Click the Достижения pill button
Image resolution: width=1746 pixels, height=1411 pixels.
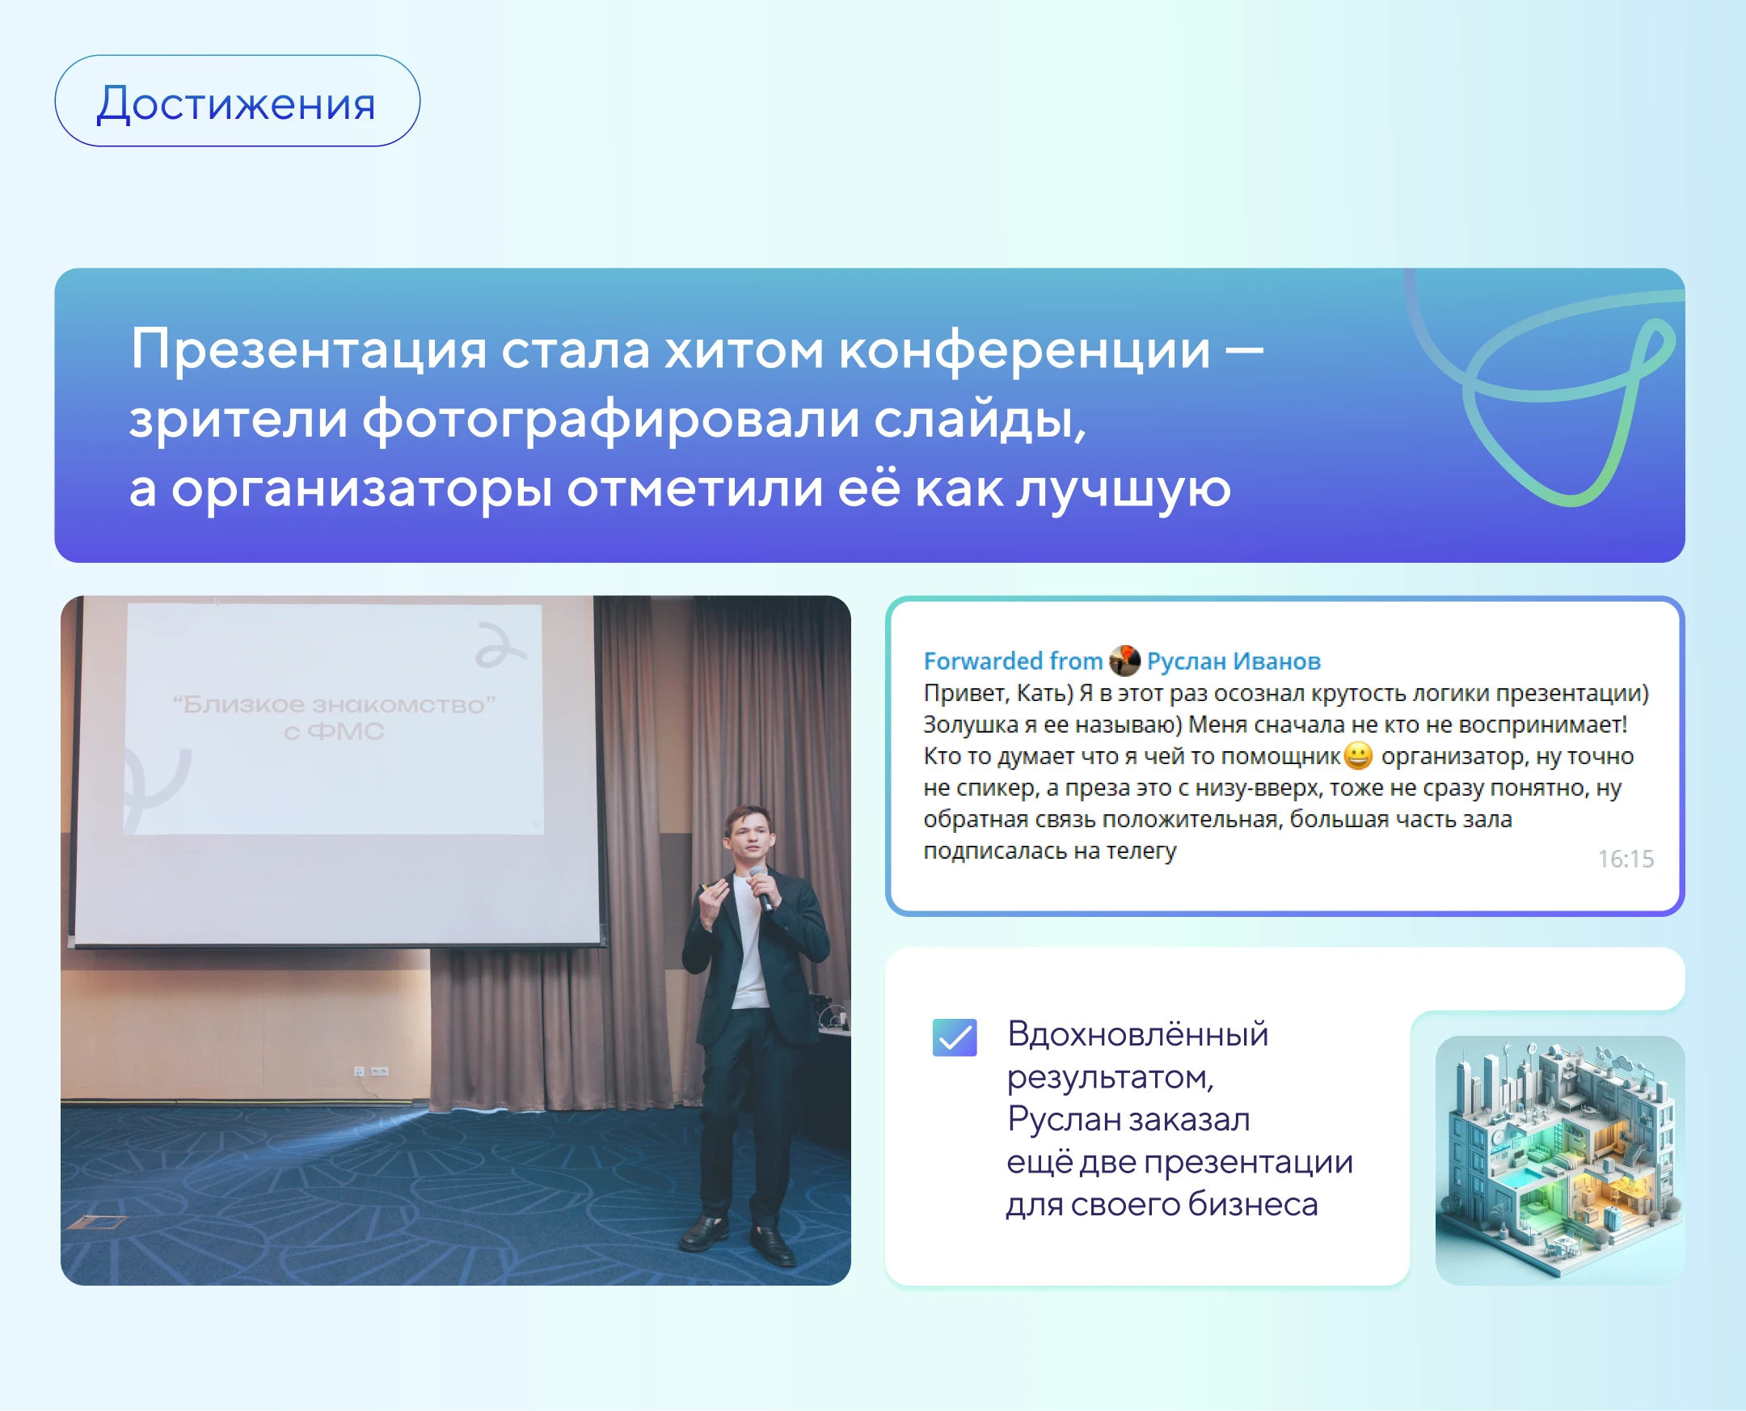pyautogui.click(x=237, y=101)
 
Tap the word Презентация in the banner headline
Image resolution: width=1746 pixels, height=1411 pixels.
pyautogui.click(x=309, y=350)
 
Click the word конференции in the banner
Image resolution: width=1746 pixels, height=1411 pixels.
pyautogui.click(x=1024, y=350)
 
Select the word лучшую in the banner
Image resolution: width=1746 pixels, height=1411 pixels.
pyautogui.click(x=1124, y=490)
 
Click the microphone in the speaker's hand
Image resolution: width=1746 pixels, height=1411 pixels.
pyautogui.click(x=761, y=888)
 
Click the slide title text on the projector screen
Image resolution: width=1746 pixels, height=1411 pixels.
pyautogui.click(x=334, y=717)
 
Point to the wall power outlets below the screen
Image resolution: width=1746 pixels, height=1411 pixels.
pyautogui.click(x=371, y=1071)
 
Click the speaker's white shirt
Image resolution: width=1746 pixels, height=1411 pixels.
pyautogui.click(x=749, y=943)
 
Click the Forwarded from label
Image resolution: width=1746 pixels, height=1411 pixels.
pyautogui.click(x=1012, y=661)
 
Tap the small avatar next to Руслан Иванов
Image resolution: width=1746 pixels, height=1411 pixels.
pyautogui.click(x=1124, y=661)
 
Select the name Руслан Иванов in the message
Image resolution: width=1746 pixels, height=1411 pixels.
pyautogui.click(x=1234, y=661)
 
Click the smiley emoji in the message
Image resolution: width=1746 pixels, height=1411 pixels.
pyautogui.click(x=1359, y=756)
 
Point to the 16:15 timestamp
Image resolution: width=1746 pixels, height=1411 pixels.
pyautogui.click(x=1626, y=859)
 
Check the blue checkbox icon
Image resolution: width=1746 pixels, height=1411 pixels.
pyautogui.click(x=955, y=1037)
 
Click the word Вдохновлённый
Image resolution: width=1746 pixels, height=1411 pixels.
pyautogui.click(x=1137, y=1035)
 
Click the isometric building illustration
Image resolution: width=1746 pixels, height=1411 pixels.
pyautogui.click(x=1560, y=1160)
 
